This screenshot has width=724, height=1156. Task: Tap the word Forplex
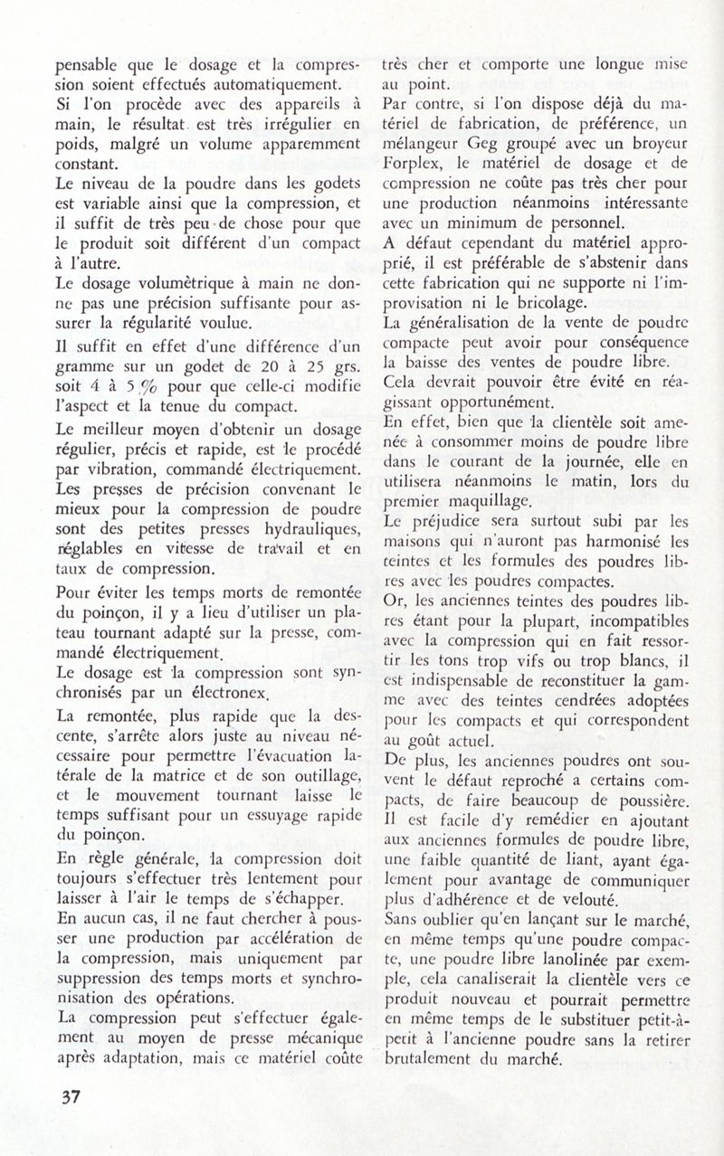click(414, 166)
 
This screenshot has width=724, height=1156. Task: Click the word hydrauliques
click(287, 527)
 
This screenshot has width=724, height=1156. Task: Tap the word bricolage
click(500, 300)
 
